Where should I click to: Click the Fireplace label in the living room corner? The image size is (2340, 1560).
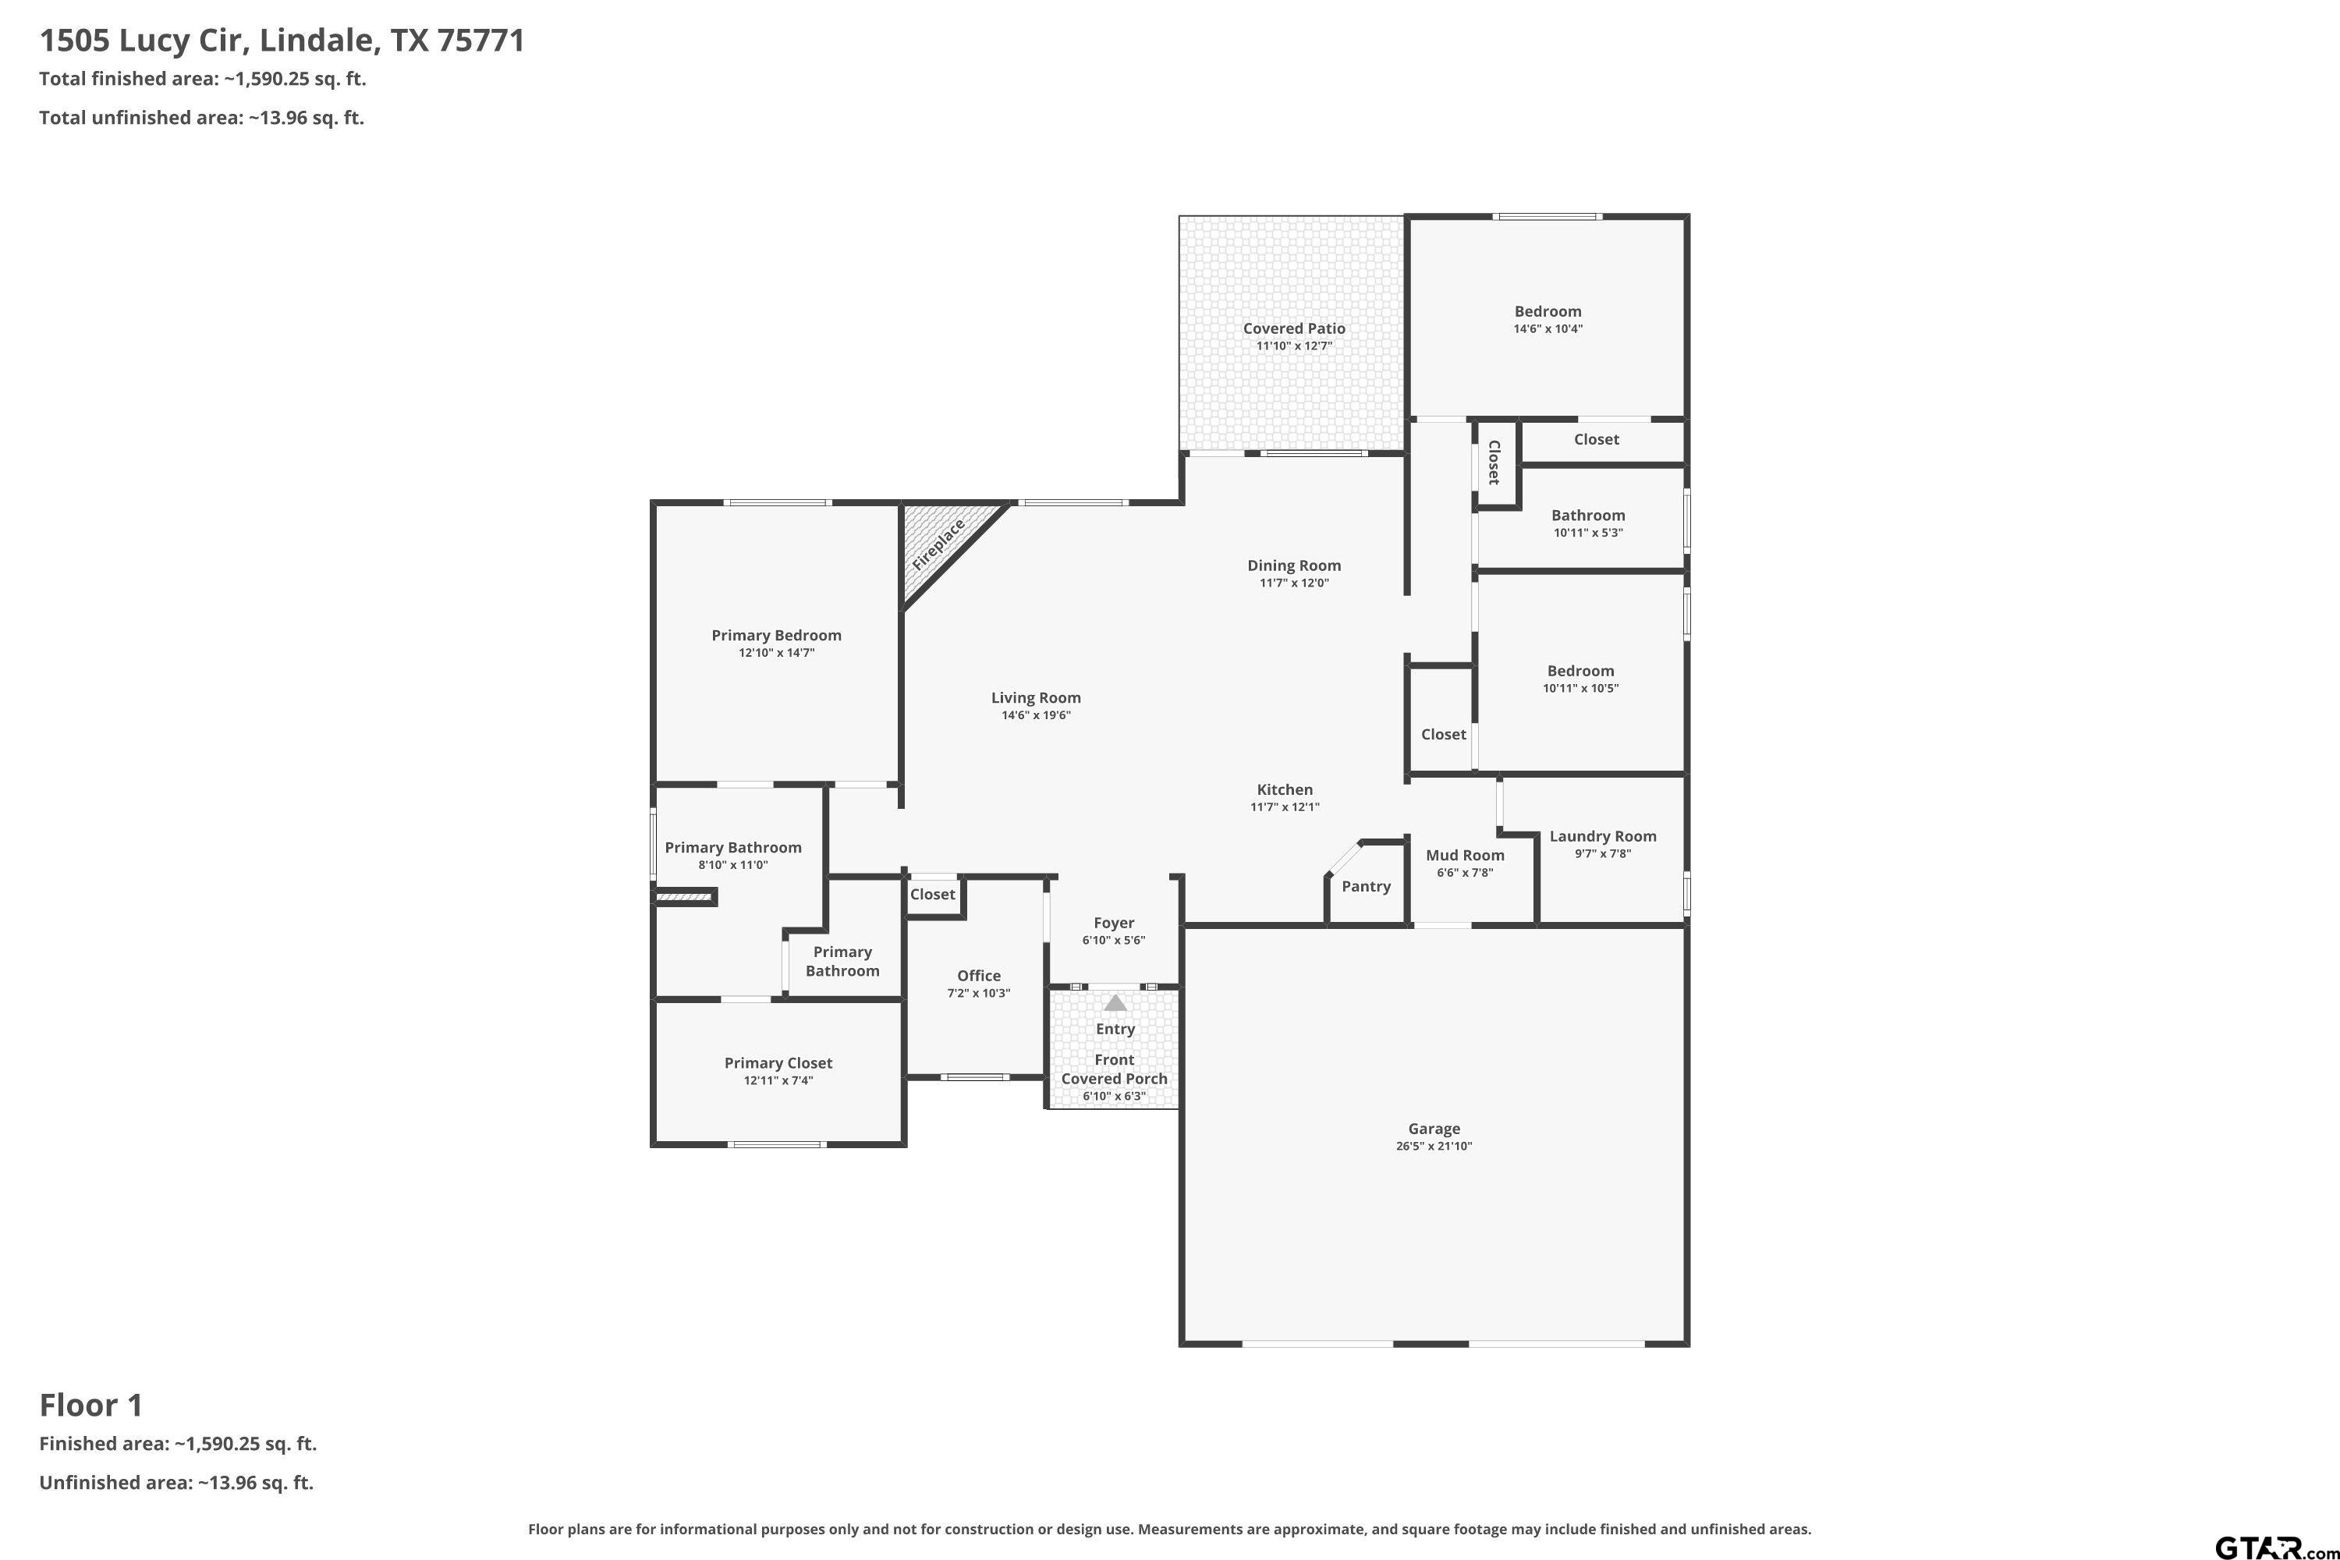(x=938, y=544)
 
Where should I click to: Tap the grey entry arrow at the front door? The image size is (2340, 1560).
(x=1115, y=1003)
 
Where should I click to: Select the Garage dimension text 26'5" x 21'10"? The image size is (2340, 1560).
(x=1434, y=1146)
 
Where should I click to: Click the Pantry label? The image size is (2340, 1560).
(x=1366, y=886)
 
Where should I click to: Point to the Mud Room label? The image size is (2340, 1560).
(x=1465, y=855)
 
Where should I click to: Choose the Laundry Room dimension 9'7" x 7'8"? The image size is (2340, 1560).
(x=1603, y=853)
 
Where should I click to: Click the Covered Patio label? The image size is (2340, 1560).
(x=1293, y=328)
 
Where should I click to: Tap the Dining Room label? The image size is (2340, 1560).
(x=1293, y=565)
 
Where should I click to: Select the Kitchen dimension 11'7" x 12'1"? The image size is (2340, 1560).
(x=1285, y=807)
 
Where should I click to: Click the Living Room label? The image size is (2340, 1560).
(x=1036, y=697)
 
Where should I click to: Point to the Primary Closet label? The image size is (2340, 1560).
(x=778, y=1062)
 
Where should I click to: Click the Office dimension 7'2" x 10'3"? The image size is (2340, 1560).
(x=979, y=993)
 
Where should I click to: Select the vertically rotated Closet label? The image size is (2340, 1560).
(x=1494, y=463)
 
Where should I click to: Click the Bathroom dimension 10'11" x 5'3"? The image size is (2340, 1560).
(x=1588, y=532)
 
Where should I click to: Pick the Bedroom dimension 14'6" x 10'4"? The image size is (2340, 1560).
(x=1548, y=328)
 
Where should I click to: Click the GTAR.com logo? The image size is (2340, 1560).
(x=2276, y=1547)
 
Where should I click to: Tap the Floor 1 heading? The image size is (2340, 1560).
(x=91, y=1405)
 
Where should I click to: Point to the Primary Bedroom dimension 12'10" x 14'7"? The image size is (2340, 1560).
(x=776, y=653)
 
